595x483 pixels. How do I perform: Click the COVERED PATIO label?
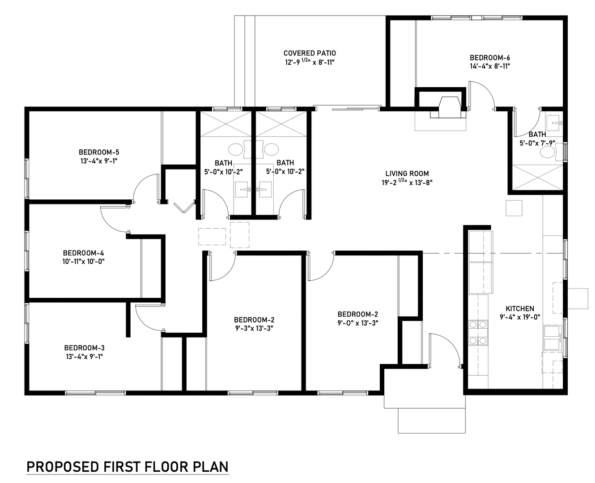tap(310, 53)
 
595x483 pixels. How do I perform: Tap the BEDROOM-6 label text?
tap(490, 58)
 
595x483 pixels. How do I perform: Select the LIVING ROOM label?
tap(407, 174)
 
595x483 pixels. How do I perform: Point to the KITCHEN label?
tap(520, 309)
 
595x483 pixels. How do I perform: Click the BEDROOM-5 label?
tap(99, 152)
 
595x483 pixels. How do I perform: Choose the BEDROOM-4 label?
tap(83, 253)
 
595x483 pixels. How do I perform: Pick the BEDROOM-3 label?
tap(85, 348)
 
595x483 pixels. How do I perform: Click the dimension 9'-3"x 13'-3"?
tap(254, 328)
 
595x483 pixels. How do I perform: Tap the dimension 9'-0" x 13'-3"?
tap(357, 323)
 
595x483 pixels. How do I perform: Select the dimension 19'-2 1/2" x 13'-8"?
tap(407, 182)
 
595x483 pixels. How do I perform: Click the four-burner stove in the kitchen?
tap(478, 333)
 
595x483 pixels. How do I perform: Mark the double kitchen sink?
tap(552, 338)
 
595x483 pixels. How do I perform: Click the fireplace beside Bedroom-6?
tap(448, 107)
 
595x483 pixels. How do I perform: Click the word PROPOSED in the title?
tap(63, 467)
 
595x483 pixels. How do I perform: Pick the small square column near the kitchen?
tap(514, 208)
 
